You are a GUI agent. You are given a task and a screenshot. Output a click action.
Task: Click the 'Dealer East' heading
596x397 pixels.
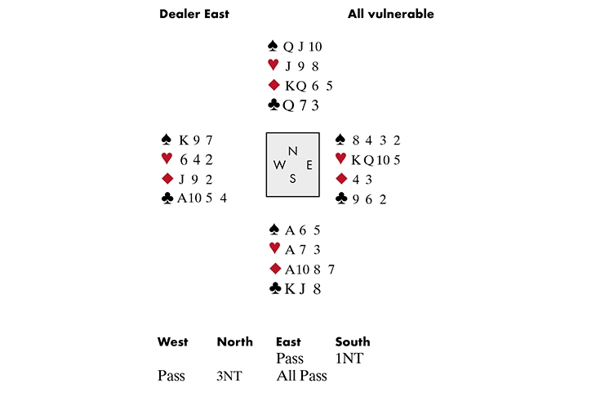[195, 14]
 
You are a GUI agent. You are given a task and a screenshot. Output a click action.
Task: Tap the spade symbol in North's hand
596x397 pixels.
[273, 47]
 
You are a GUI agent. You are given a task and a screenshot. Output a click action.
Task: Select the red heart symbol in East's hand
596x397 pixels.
[342, 158]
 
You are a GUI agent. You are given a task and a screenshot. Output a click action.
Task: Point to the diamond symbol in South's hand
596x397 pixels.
[274, 270]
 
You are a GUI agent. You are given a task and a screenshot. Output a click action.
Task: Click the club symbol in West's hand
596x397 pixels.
[167, 198]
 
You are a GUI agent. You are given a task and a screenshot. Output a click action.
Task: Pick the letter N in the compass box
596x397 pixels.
[292, 149]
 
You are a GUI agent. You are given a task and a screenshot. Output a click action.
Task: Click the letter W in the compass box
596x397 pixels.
[279, 164]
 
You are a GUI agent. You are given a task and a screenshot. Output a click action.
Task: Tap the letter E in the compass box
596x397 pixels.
[309, 164]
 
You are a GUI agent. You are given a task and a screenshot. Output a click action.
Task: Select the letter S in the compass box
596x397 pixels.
[292, 179]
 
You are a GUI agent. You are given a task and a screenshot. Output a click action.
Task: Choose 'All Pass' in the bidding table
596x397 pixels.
[301, 376]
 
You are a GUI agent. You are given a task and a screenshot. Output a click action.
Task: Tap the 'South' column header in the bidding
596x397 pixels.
[353, 341]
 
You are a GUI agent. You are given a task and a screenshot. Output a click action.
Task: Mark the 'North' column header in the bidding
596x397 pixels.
[235, 341]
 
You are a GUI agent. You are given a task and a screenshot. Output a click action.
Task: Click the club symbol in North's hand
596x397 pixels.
[273, 105]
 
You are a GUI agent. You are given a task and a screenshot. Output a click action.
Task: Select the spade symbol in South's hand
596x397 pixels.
[274, 230]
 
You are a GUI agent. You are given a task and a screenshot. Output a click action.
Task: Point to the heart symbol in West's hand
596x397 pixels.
[167, 158]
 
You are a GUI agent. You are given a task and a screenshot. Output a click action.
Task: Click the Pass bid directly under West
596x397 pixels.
[171, 376]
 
